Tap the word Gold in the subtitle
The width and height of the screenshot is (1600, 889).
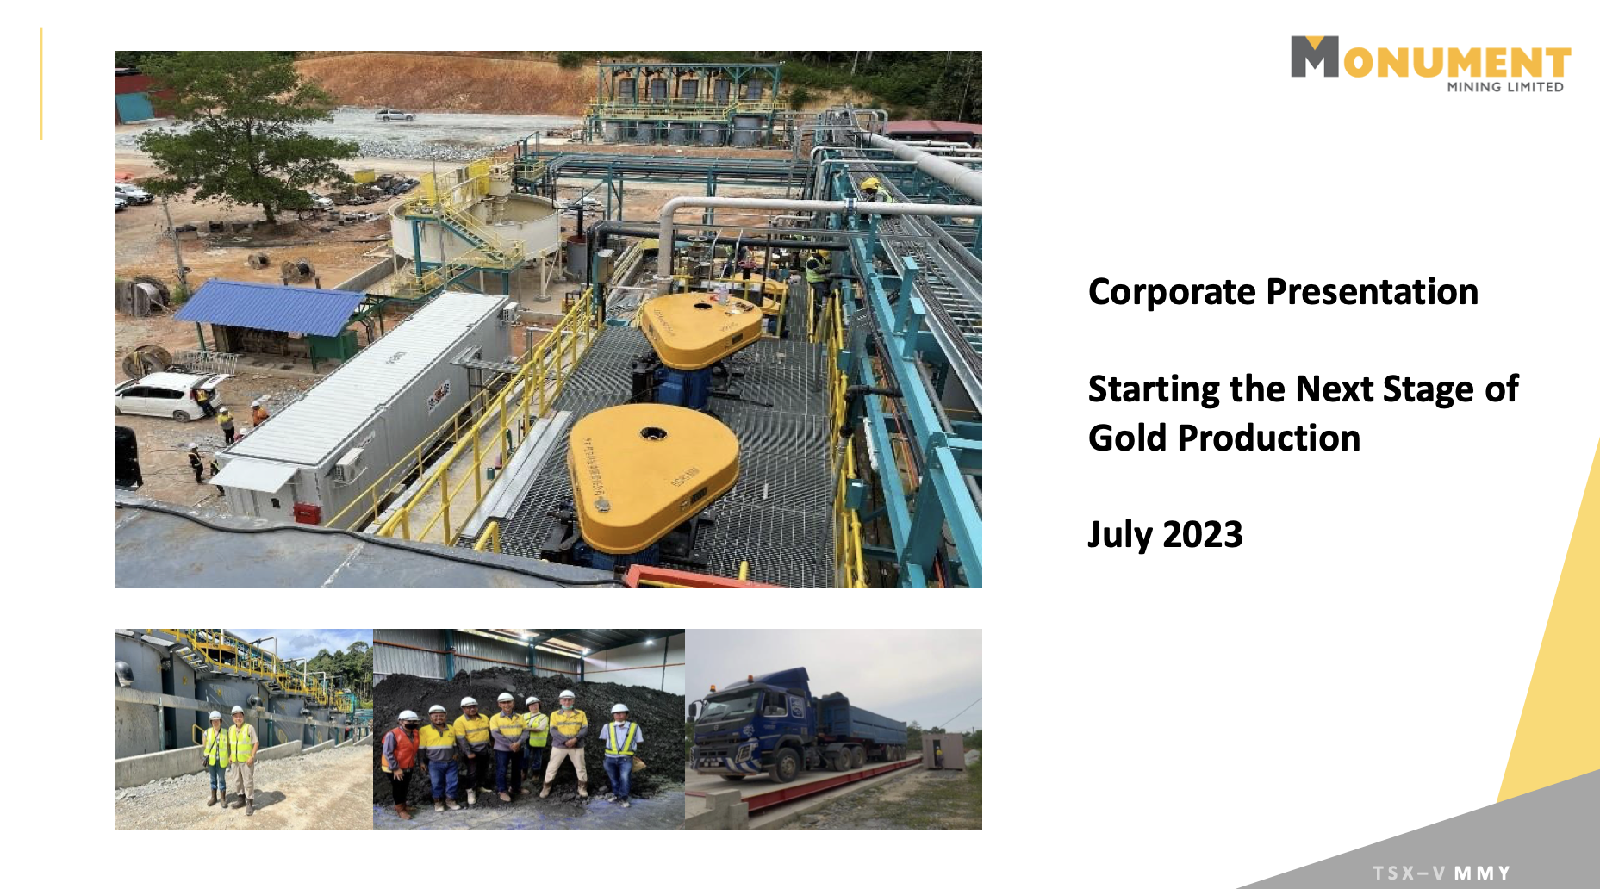tap(1127, 438)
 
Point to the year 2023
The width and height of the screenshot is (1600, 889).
tap(1203, 535)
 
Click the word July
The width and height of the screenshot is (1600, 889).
tap(1119, 535)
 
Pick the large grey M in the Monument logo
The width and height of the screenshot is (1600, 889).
tap(1314, 58)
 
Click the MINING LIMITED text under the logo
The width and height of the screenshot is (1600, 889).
tap(1504, 87)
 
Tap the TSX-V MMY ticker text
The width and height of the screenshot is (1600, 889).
tap(1441, 873)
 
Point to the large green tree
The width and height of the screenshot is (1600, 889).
tap(237, 129)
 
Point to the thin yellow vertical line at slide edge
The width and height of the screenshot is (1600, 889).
tap(40, 84)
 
